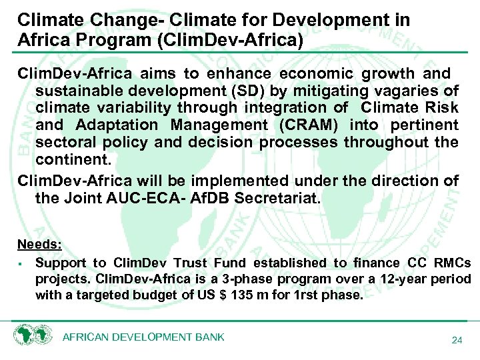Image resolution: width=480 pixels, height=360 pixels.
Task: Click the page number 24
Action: point(457,341)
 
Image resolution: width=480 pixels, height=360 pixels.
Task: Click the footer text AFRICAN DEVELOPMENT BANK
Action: point(143,337)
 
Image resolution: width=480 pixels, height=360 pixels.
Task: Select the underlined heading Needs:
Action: point(39,244)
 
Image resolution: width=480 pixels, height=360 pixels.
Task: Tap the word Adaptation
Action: point(117,125)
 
